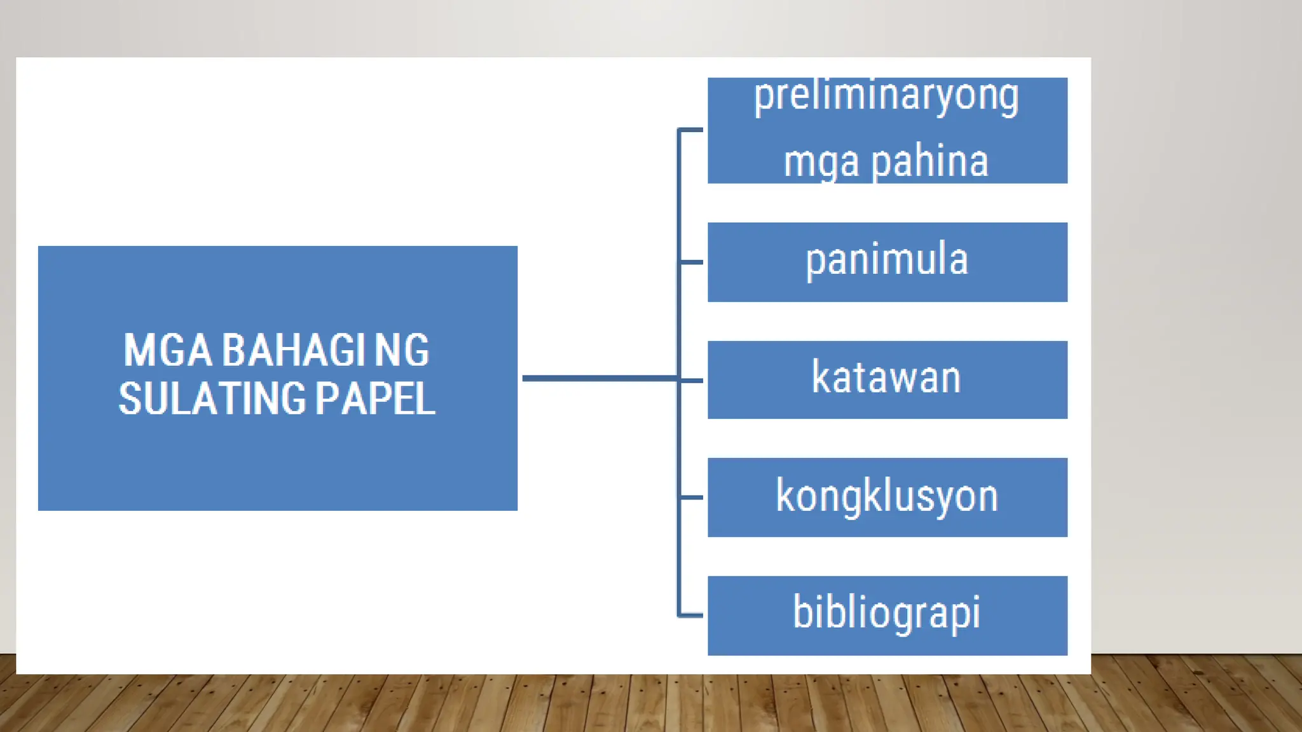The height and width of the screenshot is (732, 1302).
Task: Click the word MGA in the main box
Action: coord(167,350)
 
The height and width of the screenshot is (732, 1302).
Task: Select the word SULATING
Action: coord(212,399)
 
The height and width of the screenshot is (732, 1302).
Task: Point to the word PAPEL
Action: coord(375,399)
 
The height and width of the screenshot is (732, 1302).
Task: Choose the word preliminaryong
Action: coord(886,97)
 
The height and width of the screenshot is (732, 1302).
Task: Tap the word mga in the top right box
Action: coord(824,163)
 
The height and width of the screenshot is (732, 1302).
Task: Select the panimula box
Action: coord(887,262)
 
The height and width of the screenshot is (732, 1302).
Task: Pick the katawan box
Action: coord(887,379)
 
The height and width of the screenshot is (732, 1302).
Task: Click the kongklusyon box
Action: coord(887,497)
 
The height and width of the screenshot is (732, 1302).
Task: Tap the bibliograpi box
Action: coord(887,615)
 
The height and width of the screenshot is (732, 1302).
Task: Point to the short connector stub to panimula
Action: coord(691,262)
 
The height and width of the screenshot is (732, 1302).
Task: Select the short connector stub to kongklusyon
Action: coord(691,497)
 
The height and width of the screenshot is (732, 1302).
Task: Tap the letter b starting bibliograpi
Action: coord(802,612)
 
